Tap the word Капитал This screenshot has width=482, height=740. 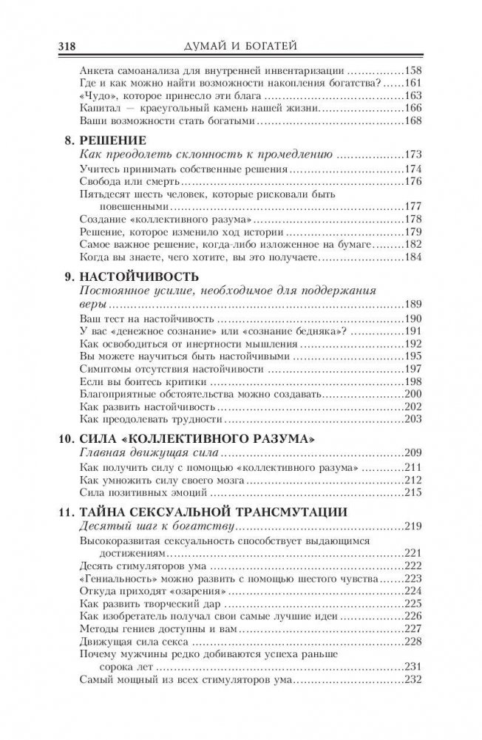[98, 109]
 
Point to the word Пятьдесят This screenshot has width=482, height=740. [105, 194]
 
